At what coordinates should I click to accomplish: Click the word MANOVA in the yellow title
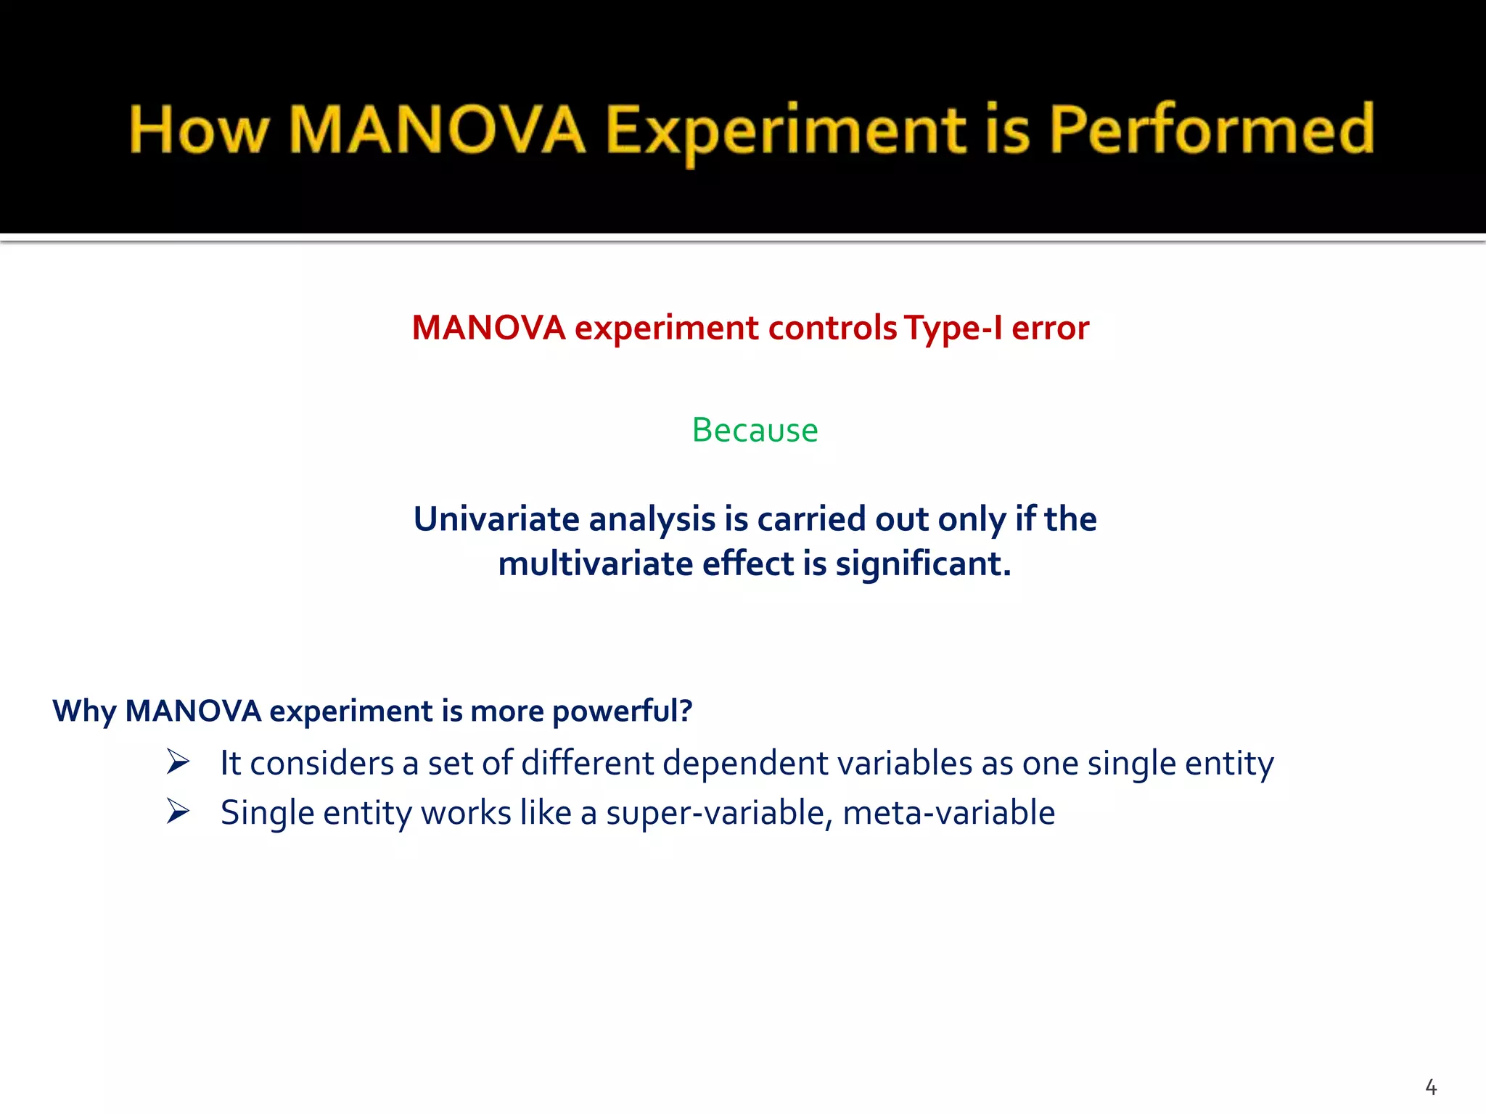437,131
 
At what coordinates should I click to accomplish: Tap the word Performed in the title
1211,131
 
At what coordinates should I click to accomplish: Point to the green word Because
755,430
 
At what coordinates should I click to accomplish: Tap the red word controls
832,328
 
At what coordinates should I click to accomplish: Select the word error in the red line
1050,328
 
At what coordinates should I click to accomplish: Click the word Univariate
496,519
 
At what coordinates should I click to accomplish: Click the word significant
922,564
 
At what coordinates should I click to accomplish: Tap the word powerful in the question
621,711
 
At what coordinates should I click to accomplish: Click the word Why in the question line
84,711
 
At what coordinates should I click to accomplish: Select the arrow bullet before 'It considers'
178,762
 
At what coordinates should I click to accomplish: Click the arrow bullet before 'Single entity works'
178,812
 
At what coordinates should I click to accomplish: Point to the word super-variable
719,813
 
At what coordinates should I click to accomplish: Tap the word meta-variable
948,813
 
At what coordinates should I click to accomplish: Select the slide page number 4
1430,1087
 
